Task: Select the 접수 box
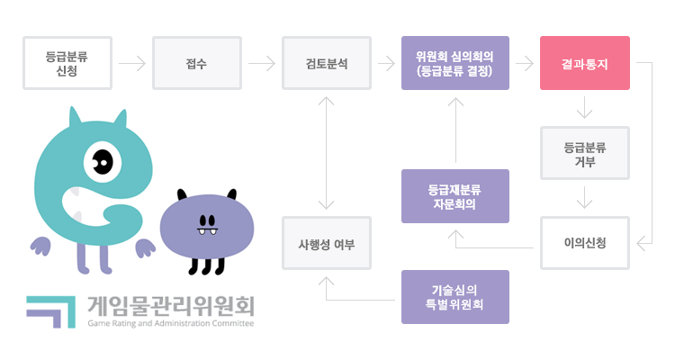[196, 63]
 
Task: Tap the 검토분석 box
[326, 63]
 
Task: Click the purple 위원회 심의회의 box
[454, 63]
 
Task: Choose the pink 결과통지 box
[584, 63]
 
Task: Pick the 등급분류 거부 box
[584, 153]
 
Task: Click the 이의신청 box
[584, 243]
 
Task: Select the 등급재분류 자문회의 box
[454, 196]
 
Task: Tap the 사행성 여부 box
[326, 243]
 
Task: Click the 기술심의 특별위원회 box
[454, 297]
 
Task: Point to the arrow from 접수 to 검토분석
[261, 64]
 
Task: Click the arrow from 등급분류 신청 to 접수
[131, 64]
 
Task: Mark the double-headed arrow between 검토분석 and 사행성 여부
[326, 153]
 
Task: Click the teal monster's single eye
[102, 163]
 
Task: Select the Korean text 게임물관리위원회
[171, 305]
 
